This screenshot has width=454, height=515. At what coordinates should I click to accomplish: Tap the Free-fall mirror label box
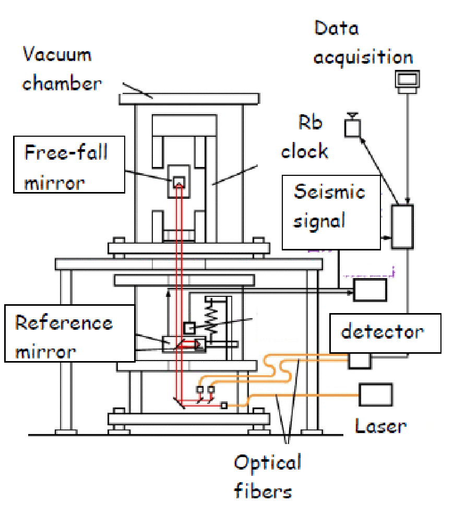coord(69,164)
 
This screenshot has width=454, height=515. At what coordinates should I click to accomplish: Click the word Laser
coord(380,426)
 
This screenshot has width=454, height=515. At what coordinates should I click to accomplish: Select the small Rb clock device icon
coord(352,127)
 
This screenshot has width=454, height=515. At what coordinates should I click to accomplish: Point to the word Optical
coord(267,462)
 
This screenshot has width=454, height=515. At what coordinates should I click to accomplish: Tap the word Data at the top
coord(337,29)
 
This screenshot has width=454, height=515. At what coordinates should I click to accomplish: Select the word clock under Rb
coord(304,151)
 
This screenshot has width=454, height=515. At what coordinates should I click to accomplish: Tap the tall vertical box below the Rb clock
coord(402,226)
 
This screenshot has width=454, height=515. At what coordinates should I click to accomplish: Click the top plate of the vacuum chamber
coord(189,98)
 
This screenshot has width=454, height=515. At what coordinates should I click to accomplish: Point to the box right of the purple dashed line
coord(370,290)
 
